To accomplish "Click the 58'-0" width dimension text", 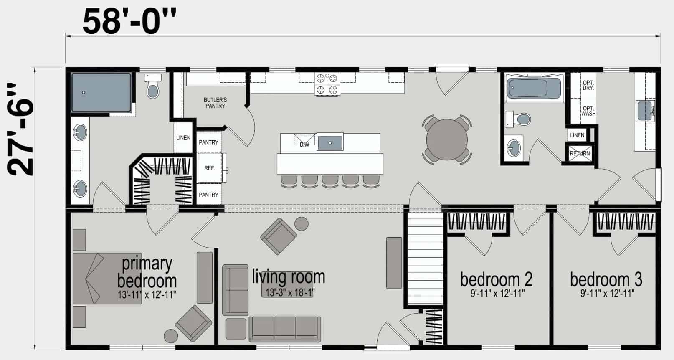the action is click(129, 22).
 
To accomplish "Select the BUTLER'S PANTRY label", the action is click(215, 103).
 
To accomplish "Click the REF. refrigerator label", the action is click(210, 168).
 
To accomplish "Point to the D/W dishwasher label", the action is click(304, 145).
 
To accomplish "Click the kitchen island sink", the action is click(330, 142).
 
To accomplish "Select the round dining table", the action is click(447, 139).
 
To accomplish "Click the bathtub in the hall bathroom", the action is click(534, 87).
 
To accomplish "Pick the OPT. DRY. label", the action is click(588, 85).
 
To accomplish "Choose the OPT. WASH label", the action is click(588, 111).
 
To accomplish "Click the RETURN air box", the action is click(580, 154).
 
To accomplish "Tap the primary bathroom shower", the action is click(101, 92).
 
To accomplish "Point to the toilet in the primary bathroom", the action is click(152, 86).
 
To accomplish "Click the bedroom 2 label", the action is click(496, 279).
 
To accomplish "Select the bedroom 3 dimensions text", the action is click(607, 293).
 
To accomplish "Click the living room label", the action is click(289, 277).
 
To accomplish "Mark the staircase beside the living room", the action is click(424, 258).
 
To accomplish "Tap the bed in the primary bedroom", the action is click(107, 279).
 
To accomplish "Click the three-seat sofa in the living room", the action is click(285, 329).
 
